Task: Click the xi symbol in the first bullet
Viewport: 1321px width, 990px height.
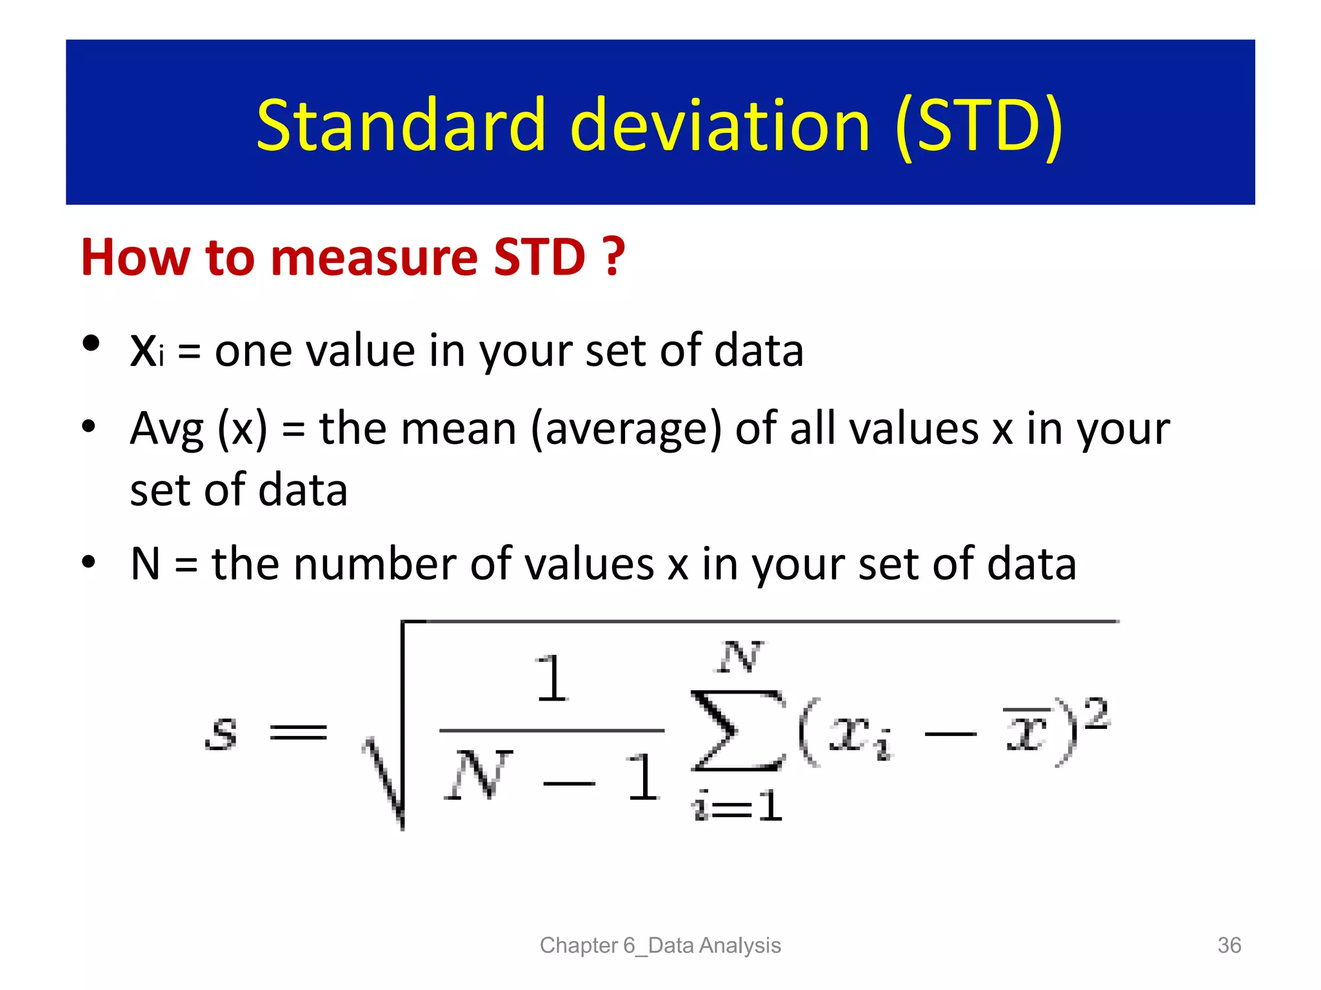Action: pos(147,351)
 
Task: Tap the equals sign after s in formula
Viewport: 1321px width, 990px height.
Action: pos(298,732)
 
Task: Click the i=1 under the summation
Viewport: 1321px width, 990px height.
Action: pos(737,806)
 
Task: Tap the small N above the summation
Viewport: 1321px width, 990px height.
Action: pos(740,657)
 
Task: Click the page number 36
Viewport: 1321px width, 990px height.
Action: pos(1229,945)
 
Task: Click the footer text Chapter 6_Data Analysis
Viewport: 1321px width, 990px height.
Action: pos(660,945)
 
